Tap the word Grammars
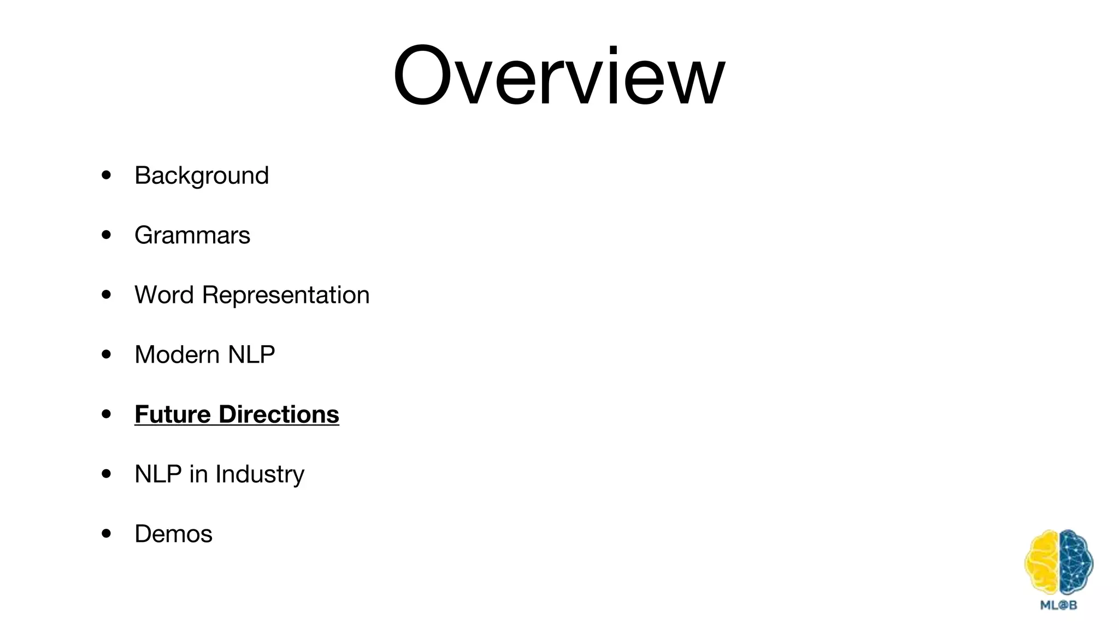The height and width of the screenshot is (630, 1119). [192, 236]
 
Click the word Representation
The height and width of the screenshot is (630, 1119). [286, 295]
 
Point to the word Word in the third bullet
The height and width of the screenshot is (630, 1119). [164, 295]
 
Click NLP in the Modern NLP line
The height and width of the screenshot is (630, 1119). [251, 355]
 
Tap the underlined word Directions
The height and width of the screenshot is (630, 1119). [279, 415]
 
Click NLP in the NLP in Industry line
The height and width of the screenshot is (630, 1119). [158, 474]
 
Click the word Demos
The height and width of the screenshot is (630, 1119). [173, 534]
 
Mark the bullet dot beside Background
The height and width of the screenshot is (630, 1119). [107, 176]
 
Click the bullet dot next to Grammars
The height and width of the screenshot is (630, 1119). [107, 235]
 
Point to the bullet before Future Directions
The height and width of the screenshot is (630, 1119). [107, 414]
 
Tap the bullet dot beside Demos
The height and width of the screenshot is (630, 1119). [107, 533]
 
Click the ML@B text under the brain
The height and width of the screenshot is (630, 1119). [1058, 605]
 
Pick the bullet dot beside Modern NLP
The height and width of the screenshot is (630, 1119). [107, 354]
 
